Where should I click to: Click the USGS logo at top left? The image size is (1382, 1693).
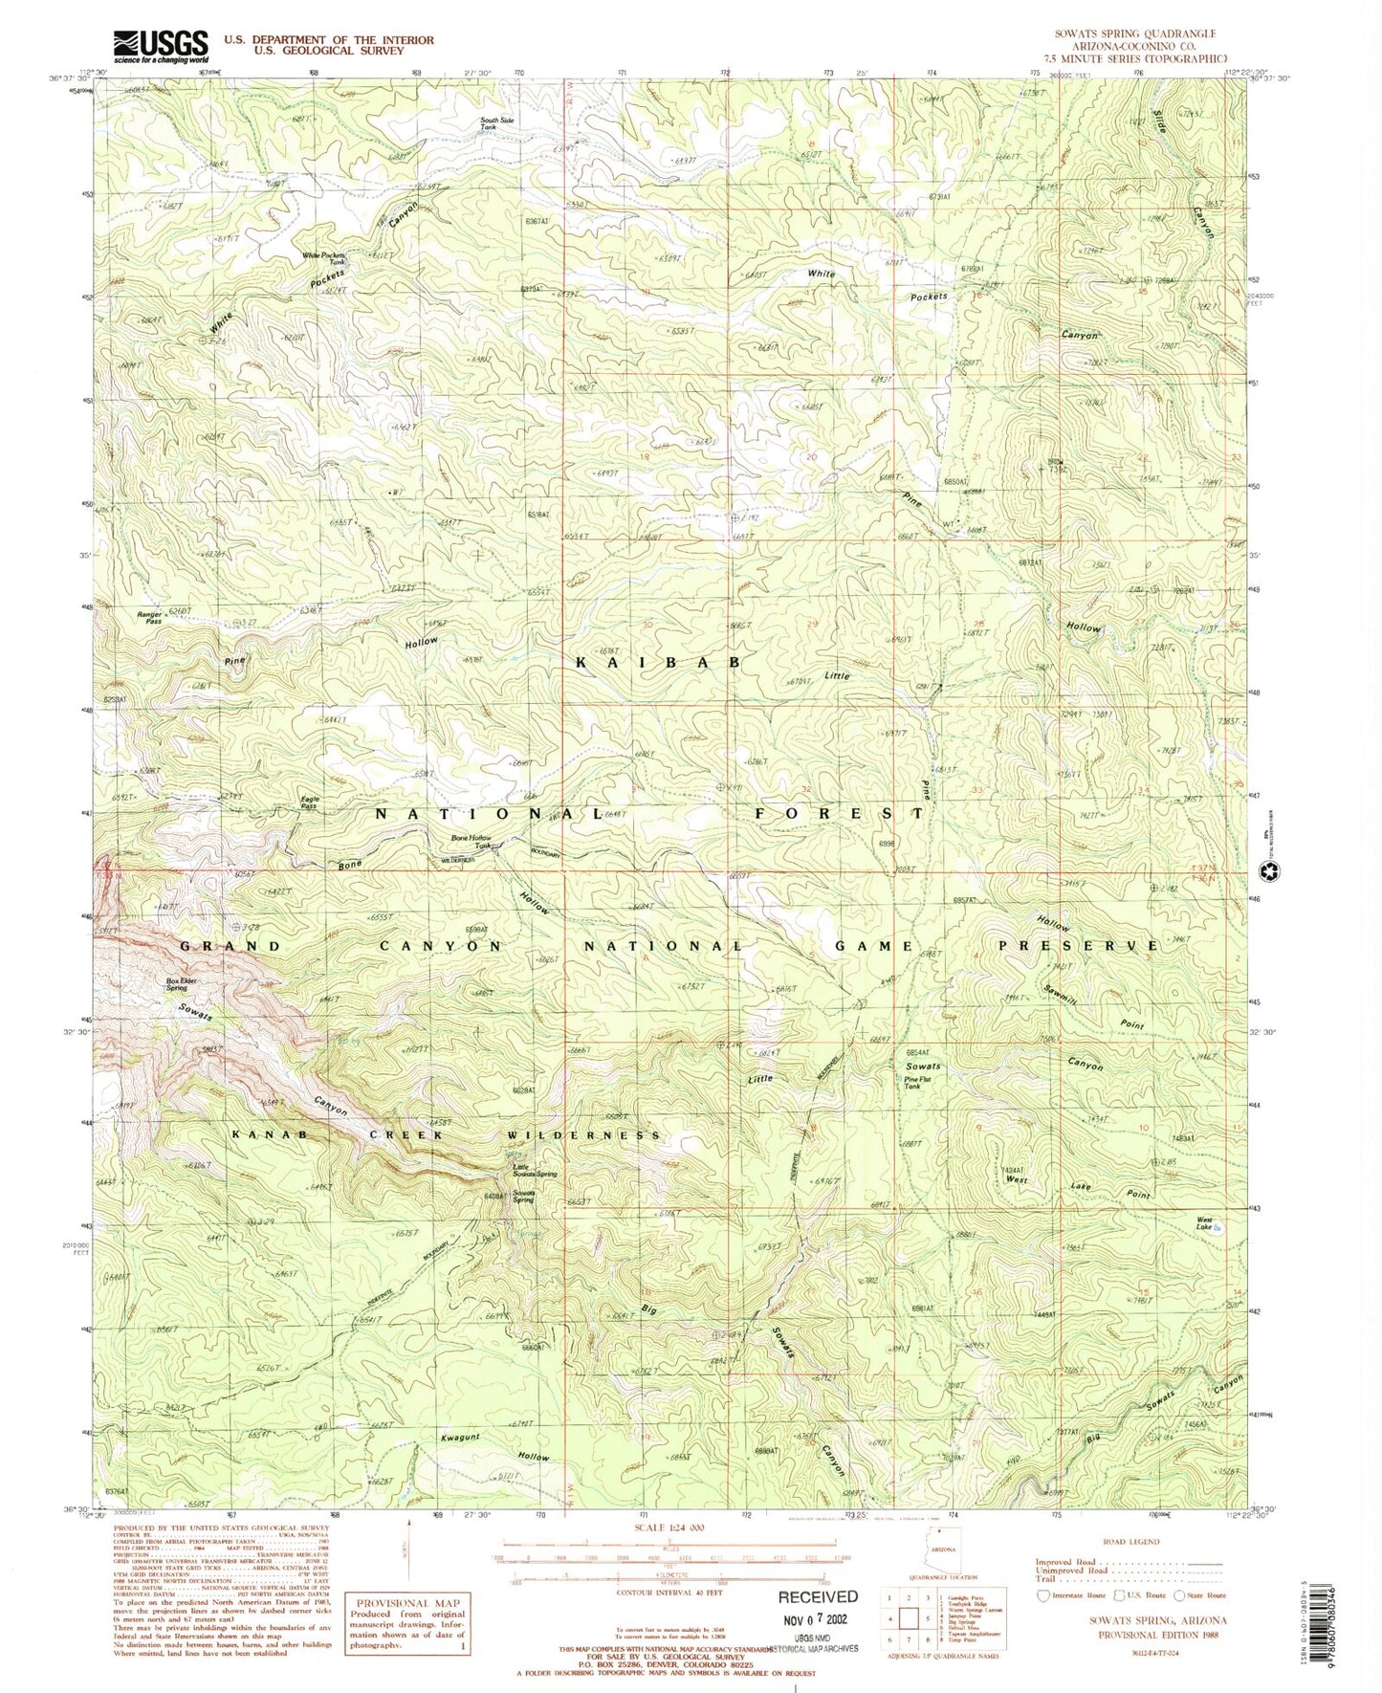(x=160, y=44)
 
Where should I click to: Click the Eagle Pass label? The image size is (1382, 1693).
(x=310, y=803)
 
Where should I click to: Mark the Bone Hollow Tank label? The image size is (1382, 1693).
(x=472, y=842)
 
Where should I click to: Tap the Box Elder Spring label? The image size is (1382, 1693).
(x=177, y=983)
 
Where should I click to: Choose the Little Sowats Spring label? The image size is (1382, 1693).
(x=534, y=1170)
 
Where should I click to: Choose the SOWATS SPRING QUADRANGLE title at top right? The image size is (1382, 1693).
(x=1134, y=33)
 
